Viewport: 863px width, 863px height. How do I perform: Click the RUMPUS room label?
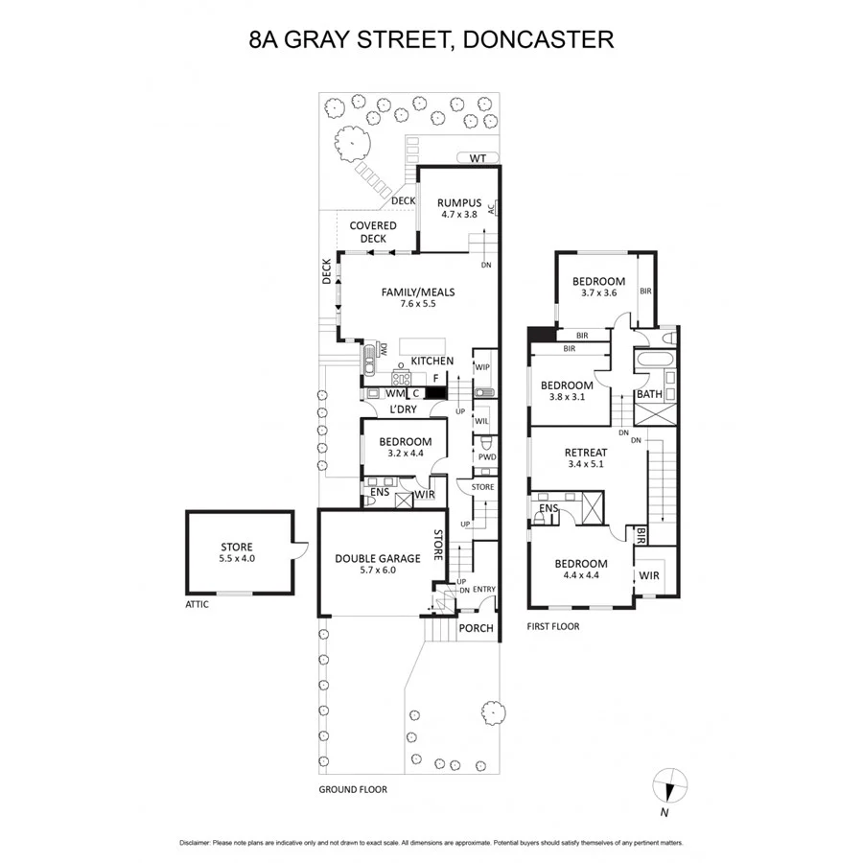(x=458, y=201)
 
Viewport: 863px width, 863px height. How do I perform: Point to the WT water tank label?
(x=476, y=157)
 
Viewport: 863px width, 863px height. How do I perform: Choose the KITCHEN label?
(x=431, y=361)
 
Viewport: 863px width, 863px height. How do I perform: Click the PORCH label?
(x=476, y=629)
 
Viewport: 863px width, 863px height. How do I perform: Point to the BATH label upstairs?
(x=649, y=394)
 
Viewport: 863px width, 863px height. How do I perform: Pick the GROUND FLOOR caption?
(x=353, y=790)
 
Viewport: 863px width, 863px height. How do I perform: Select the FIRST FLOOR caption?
(x=553, y=626)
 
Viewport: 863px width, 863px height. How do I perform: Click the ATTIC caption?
(x=198, y=605)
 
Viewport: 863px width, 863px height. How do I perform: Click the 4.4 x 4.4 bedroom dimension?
(x=581, y=576)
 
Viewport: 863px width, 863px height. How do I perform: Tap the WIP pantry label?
(x=482, y=366)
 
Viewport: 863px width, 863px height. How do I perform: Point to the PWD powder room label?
(x=486, y=458)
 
